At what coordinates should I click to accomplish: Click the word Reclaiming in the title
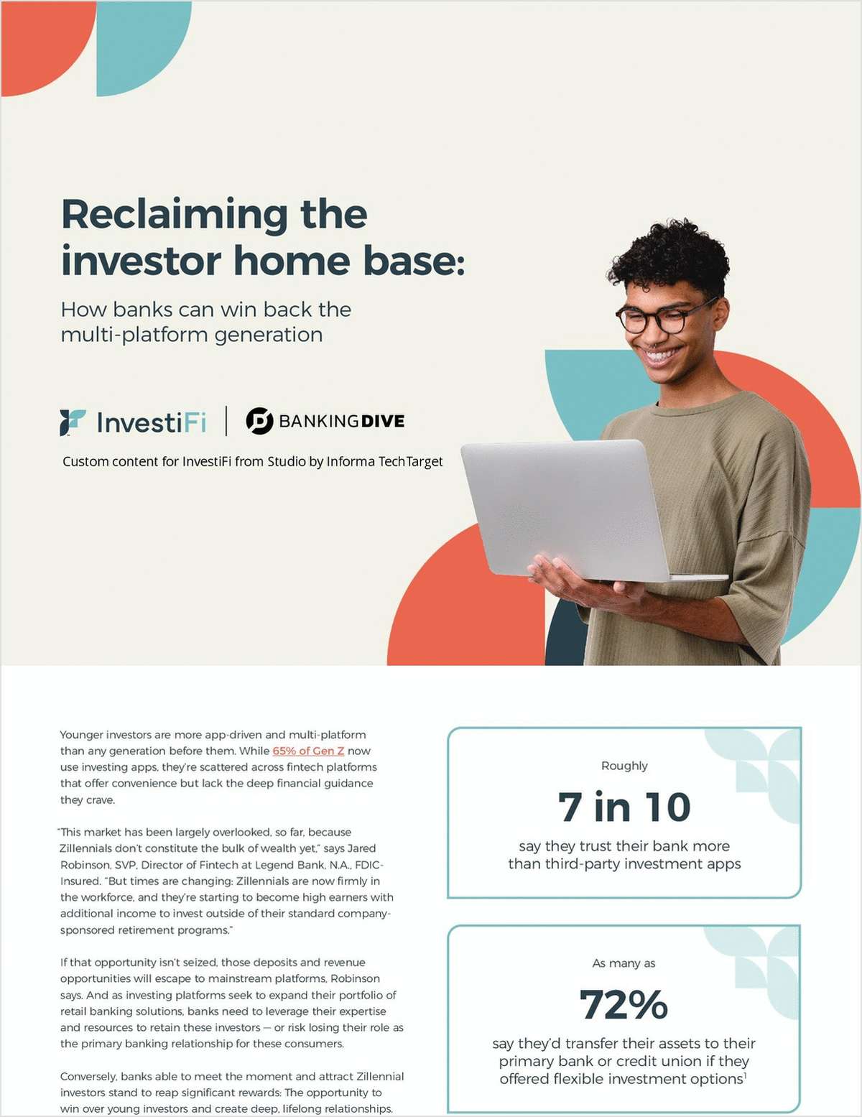(x=175, y=215)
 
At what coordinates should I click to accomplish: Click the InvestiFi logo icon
(x=73, y=422)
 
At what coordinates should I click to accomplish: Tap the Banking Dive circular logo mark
(x=259, y=421)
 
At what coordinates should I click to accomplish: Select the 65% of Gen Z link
(x=308, y=751)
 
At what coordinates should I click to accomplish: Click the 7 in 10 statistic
(x=624, y=807)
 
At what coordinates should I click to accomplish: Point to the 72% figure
(x=624, y=1004)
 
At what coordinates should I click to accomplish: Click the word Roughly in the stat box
(x=624, y=766)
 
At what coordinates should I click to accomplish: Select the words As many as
(x=624, y=963)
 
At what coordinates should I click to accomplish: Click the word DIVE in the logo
(x=383, y=421)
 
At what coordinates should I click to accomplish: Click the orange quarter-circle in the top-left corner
(x=40, y=40)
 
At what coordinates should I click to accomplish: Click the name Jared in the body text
(x=361, y=848)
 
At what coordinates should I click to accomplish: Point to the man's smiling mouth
(x=662, y=354)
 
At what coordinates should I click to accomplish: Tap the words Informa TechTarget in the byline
(x=384, y=461)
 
